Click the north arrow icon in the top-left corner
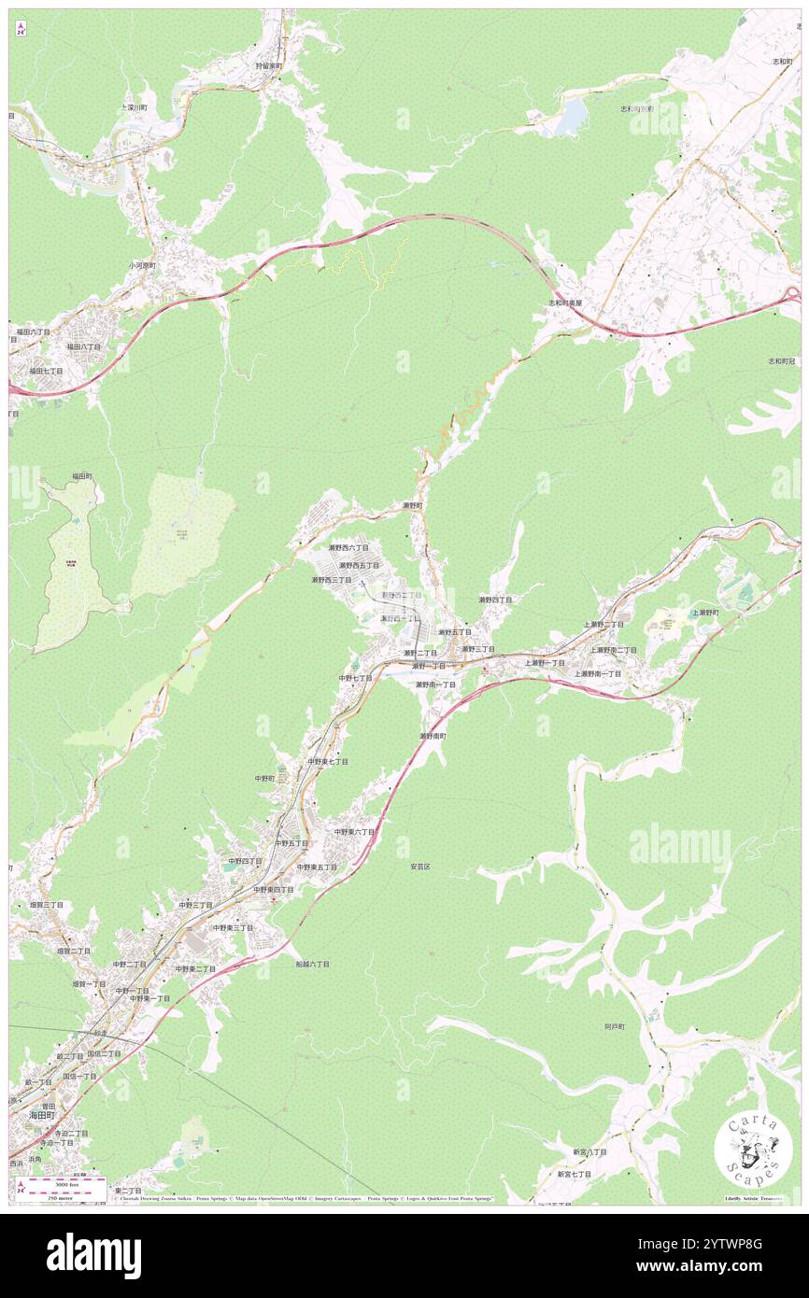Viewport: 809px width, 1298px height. click(21, 28)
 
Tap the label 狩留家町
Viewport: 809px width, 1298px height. click(273, 66)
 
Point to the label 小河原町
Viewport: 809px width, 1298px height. click(145, 264)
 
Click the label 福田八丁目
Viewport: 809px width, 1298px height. click(83, 346)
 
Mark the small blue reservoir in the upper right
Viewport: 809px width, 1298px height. click(572, 117)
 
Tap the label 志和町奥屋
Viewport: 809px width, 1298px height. click(565, 303)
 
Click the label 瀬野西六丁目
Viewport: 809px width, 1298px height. click(348, 547)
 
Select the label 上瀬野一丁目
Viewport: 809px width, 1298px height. click(545, 662)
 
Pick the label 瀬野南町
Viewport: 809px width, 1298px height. click(433, 736)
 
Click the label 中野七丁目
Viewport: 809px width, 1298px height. click(355, 678)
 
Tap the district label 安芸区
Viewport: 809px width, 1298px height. click(419, 867)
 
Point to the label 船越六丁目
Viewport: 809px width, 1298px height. click(312, 963)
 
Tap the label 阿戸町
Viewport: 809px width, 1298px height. click(614, 1026)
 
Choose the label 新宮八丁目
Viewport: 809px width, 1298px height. click(589, 1151)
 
